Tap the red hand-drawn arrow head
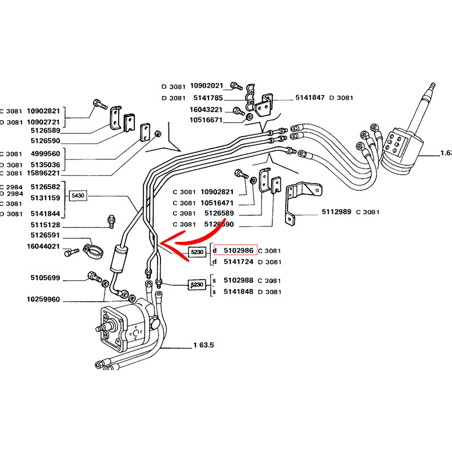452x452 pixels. [163, 243]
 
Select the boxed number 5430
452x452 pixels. [77, 195]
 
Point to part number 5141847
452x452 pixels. [310, 98]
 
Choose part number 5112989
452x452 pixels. [336, 212]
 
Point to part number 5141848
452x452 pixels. [240, 292]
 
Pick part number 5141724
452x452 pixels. [240, 262]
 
